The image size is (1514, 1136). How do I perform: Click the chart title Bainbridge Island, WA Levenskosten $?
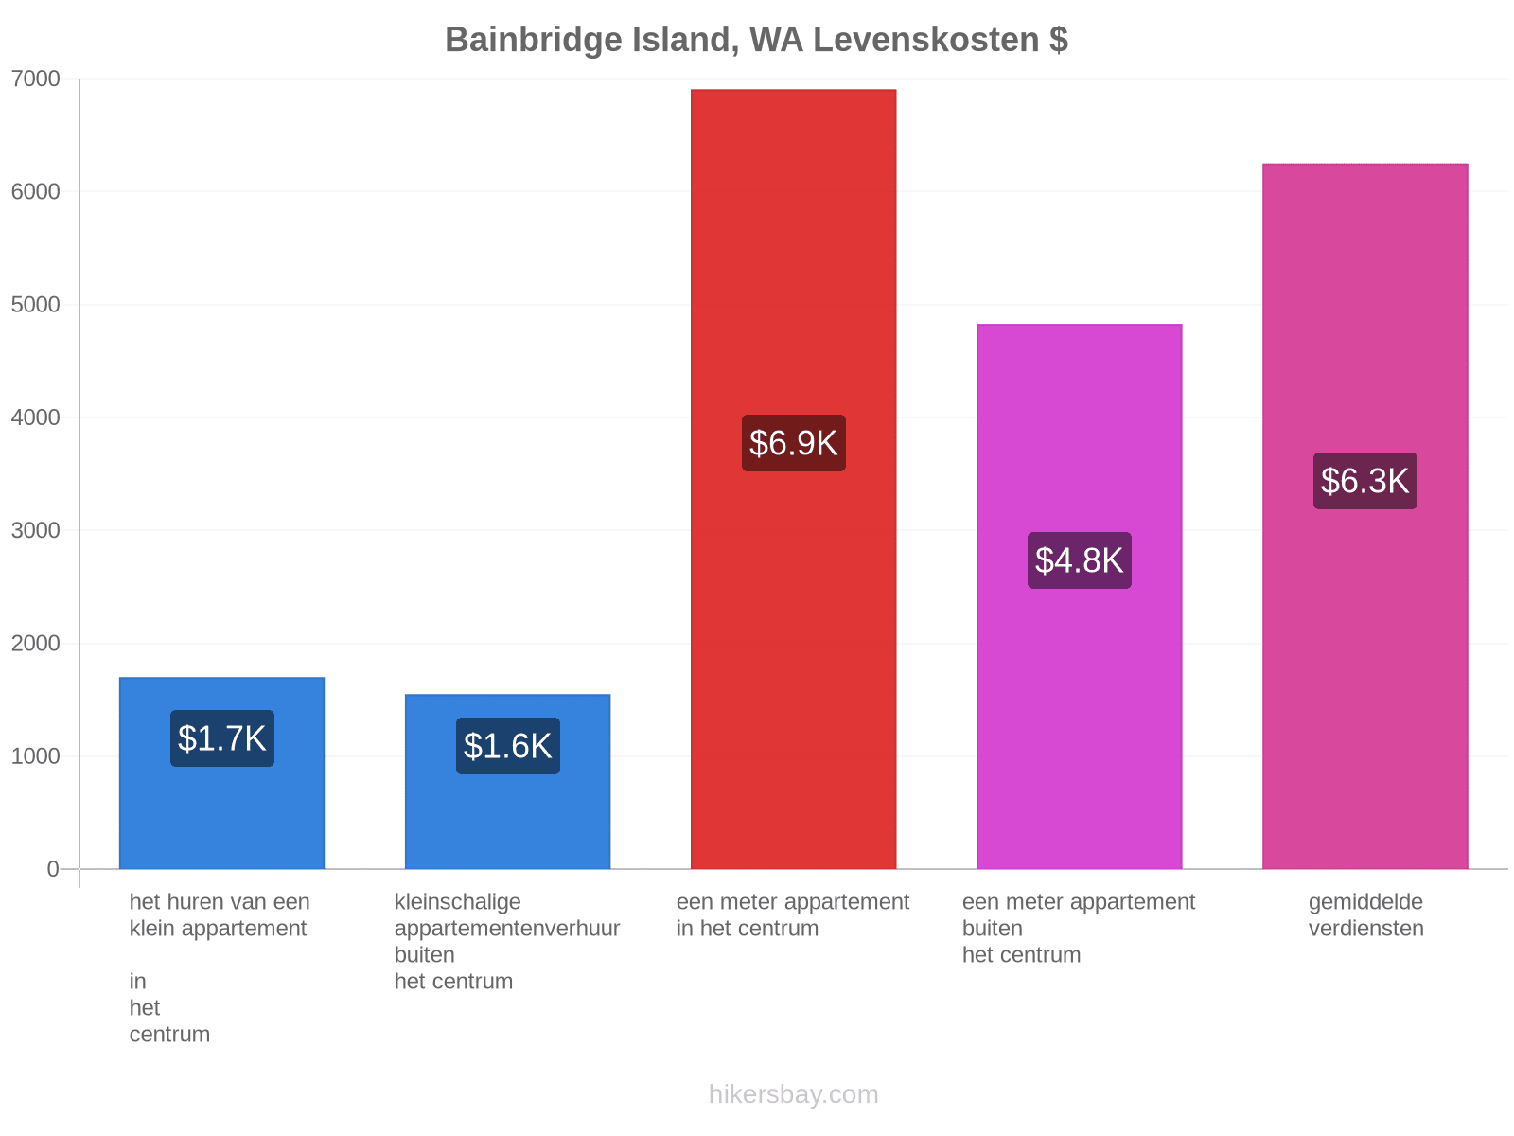tap(756, 40)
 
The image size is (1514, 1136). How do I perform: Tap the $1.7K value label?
tap(222, 738)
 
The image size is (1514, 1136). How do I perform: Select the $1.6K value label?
tap(507, 746)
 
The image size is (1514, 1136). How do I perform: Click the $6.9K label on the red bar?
tap(793, 443)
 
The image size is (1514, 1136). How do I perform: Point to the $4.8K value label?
tap(1080, 560)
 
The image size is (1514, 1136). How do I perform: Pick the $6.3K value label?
tap(1365, 481)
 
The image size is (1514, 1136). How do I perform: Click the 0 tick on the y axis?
tap(53, 869)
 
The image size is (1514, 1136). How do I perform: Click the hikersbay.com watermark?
tap(793, 1094)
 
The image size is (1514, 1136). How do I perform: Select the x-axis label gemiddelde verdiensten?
tap(1365, 915)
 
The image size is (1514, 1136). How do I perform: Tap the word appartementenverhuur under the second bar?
tap(507, 929)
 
